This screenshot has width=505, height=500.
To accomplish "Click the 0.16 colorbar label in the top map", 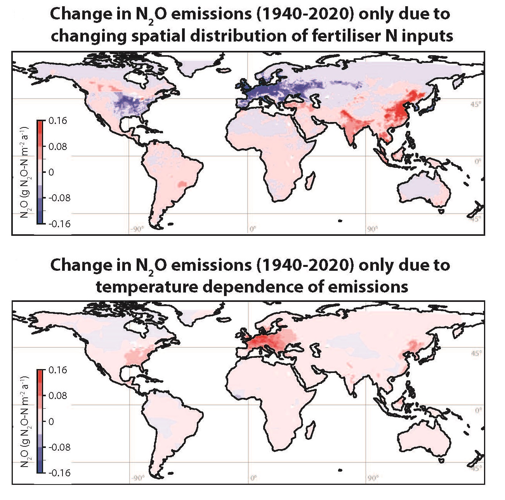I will [x=58, y=121].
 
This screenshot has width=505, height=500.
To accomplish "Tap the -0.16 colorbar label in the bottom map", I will [x=59, y=473].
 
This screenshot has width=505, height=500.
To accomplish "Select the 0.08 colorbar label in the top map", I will [x=58, y=147].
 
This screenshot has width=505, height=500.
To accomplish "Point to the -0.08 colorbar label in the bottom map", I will [x=59, y=447].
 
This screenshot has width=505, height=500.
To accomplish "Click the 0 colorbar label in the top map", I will [x=51, y=172].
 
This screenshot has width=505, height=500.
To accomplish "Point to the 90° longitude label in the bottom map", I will [x=372, y=478].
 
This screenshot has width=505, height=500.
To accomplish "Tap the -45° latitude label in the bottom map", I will [x=476, y=467].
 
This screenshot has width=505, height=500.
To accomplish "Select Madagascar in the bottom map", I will [x=310, y=430].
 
